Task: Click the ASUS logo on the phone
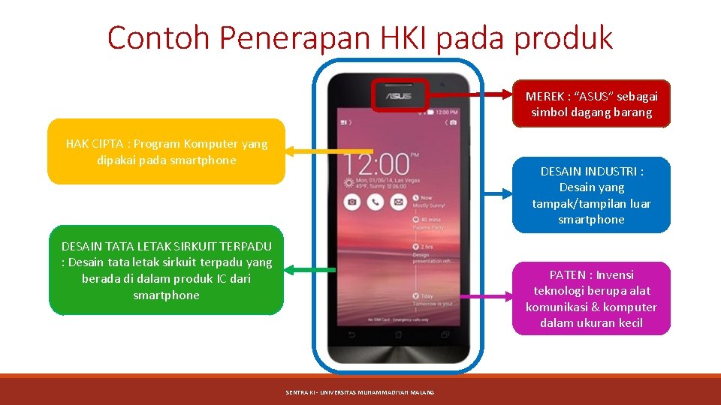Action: [399, 96]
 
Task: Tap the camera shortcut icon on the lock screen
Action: [351, 202]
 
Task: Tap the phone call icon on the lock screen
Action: [376, 202]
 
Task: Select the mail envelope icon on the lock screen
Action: [399, 202]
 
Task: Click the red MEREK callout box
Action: [591, 104]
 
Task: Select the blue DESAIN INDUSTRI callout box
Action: [591, 195]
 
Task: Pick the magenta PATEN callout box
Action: [591, 298]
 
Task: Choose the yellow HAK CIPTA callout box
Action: [166, 151]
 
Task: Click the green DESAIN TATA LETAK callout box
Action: [166, 270]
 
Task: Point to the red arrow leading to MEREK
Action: [472, 95]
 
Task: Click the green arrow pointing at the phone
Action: [311, 269]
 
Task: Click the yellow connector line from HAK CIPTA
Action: [320, 151]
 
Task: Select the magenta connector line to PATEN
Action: [484, 297]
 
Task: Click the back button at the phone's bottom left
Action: [348, 334]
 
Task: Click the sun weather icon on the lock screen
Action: [349, 183]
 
